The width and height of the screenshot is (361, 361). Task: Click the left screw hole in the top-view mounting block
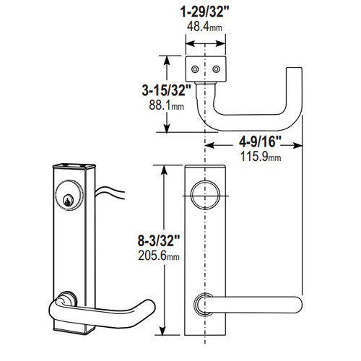point(195,69)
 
